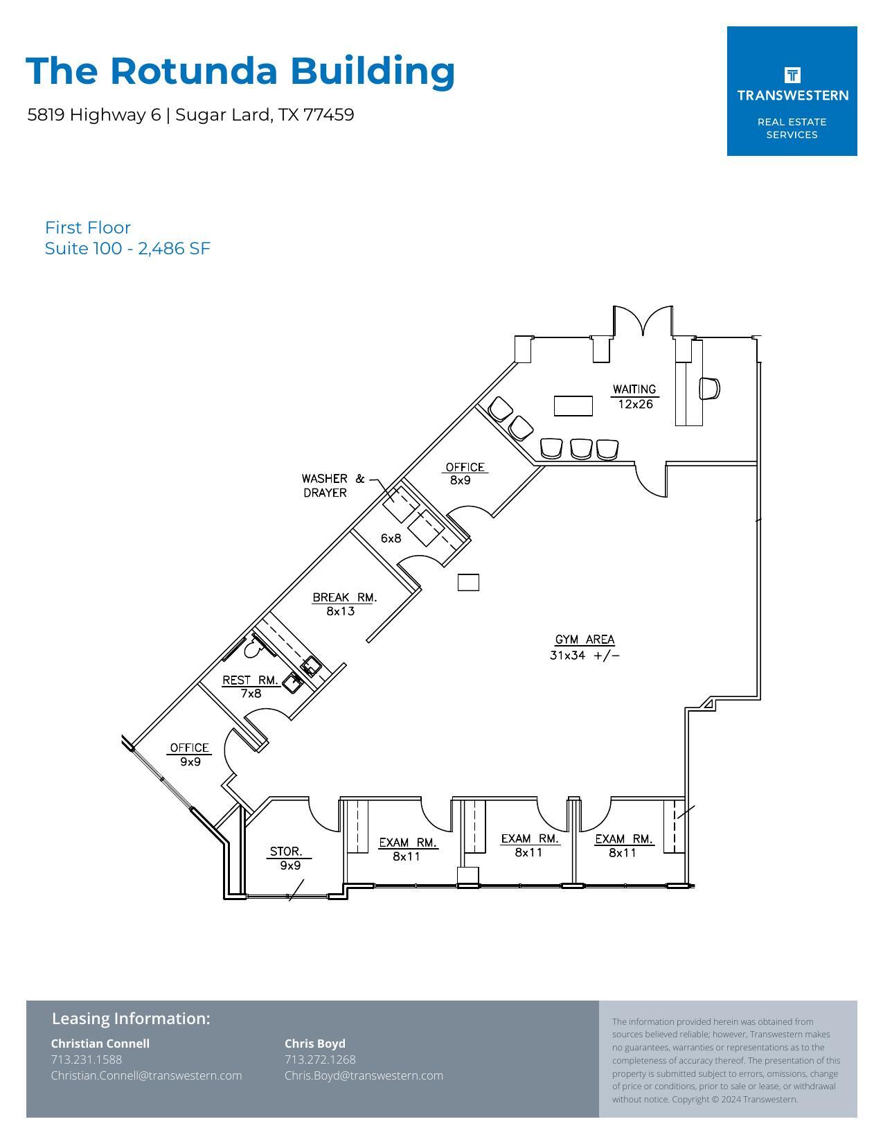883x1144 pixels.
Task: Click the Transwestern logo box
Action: tap(792, 91)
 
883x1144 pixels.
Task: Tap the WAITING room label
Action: tap(634, 389)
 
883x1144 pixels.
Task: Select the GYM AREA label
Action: tap(585, 640)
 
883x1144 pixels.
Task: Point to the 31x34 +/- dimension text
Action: tap(585, 655)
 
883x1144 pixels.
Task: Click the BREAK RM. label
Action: tap(344, 597)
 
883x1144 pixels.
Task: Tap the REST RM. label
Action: tap(250, 680)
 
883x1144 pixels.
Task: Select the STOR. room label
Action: tap(286, 852)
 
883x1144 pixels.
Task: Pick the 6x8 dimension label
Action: tap(391, 538)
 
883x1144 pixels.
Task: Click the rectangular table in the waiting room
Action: tap(573, 405)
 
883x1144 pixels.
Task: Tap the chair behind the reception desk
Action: tap(709, 389)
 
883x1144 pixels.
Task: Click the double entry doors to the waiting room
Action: tap(643, 322)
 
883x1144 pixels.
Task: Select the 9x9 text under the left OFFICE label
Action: tap(190, 762)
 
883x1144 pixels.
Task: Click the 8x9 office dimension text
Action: tap(460, 480)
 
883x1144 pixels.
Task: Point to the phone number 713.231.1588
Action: tap(87, 1059)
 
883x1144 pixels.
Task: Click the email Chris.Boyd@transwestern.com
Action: tap(364, 1075)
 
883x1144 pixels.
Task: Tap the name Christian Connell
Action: tap(100, 1044)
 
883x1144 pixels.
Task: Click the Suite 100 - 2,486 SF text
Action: tap(127, 249)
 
